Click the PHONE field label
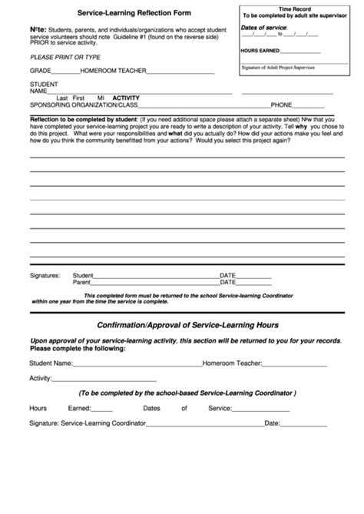click(x=282, y=104)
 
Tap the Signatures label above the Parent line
click(x=45, y=274)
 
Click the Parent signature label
click(x=81, y=282)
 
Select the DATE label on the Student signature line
click(x=228, y=274)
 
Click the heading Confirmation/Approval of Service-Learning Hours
click(x=182, y=325)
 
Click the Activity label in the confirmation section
click(x=40, y=378)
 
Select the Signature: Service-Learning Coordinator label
click(x=88, y=423)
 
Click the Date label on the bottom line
click(x=272, y=423)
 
